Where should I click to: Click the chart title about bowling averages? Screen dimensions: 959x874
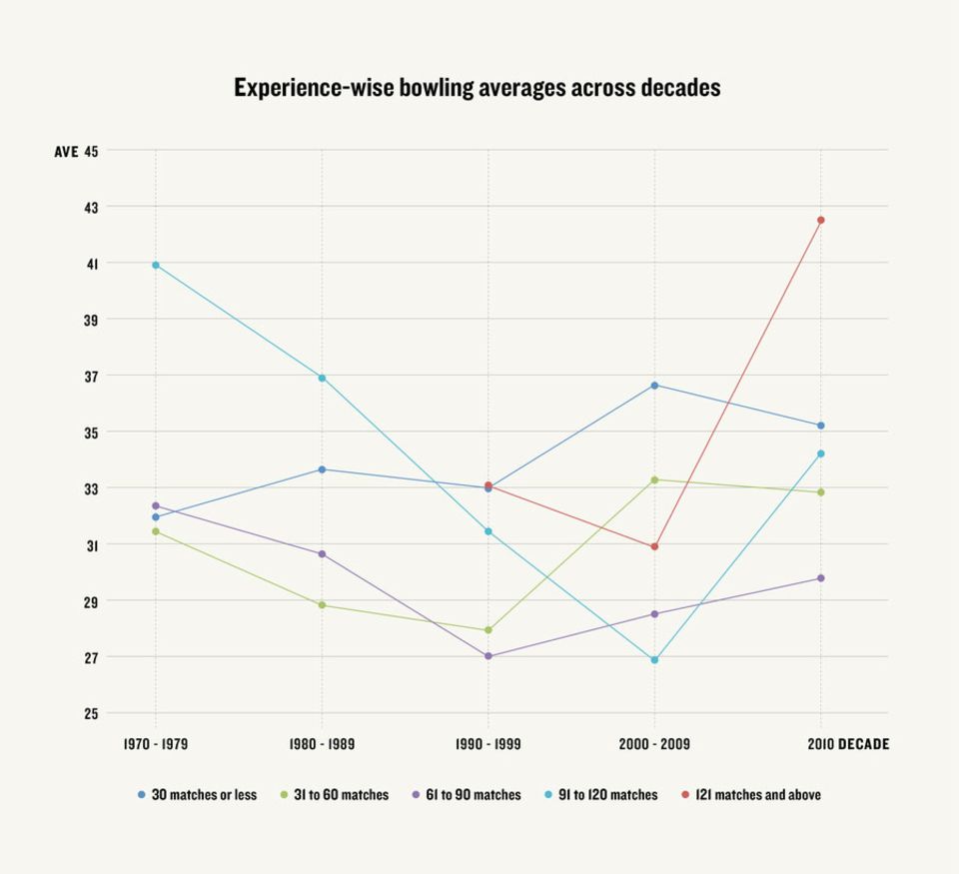click(478, 88)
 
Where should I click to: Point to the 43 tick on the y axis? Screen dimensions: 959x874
click(91, 208)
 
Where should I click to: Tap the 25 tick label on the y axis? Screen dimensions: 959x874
click(91, 714)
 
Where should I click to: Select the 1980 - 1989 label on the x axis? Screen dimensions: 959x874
click(322, 744)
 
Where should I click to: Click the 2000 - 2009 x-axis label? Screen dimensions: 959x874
click(654, 744)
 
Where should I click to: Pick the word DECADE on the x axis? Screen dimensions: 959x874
click(863, 744)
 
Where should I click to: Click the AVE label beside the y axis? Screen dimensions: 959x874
click(66, 151)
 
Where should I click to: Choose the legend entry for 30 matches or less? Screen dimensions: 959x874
click(197, 794)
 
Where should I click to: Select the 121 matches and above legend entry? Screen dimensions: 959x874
click(751, 794)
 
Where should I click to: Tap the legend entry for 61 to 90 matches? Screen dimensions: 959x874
click(467, 794)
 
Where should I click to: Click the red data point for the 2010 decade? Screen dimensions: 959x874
click(821, 220)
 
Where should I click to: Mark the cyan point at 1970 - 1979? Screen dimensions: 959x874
click(156, 265)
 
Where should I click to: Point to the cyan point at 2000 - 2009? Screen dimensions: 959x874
click(654, 660)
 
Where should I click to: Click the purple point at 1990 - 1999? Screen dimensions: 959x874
click(488, 655)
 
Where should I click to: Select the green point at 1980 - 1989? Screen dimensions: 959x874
click(322, 605)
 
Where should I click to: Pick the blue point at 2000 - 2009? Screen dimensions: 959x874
click(654, 386)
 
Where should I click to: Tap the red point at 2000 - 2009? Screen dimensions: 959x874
click(654, 546)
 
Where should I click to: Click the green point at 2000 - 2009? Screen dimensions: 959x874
click(654, 479)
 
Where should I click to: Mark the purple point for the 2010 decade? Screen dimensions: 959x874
click(821, 578)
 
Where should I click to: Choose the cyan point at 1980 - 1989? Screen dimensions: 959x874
click(322, 378)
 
